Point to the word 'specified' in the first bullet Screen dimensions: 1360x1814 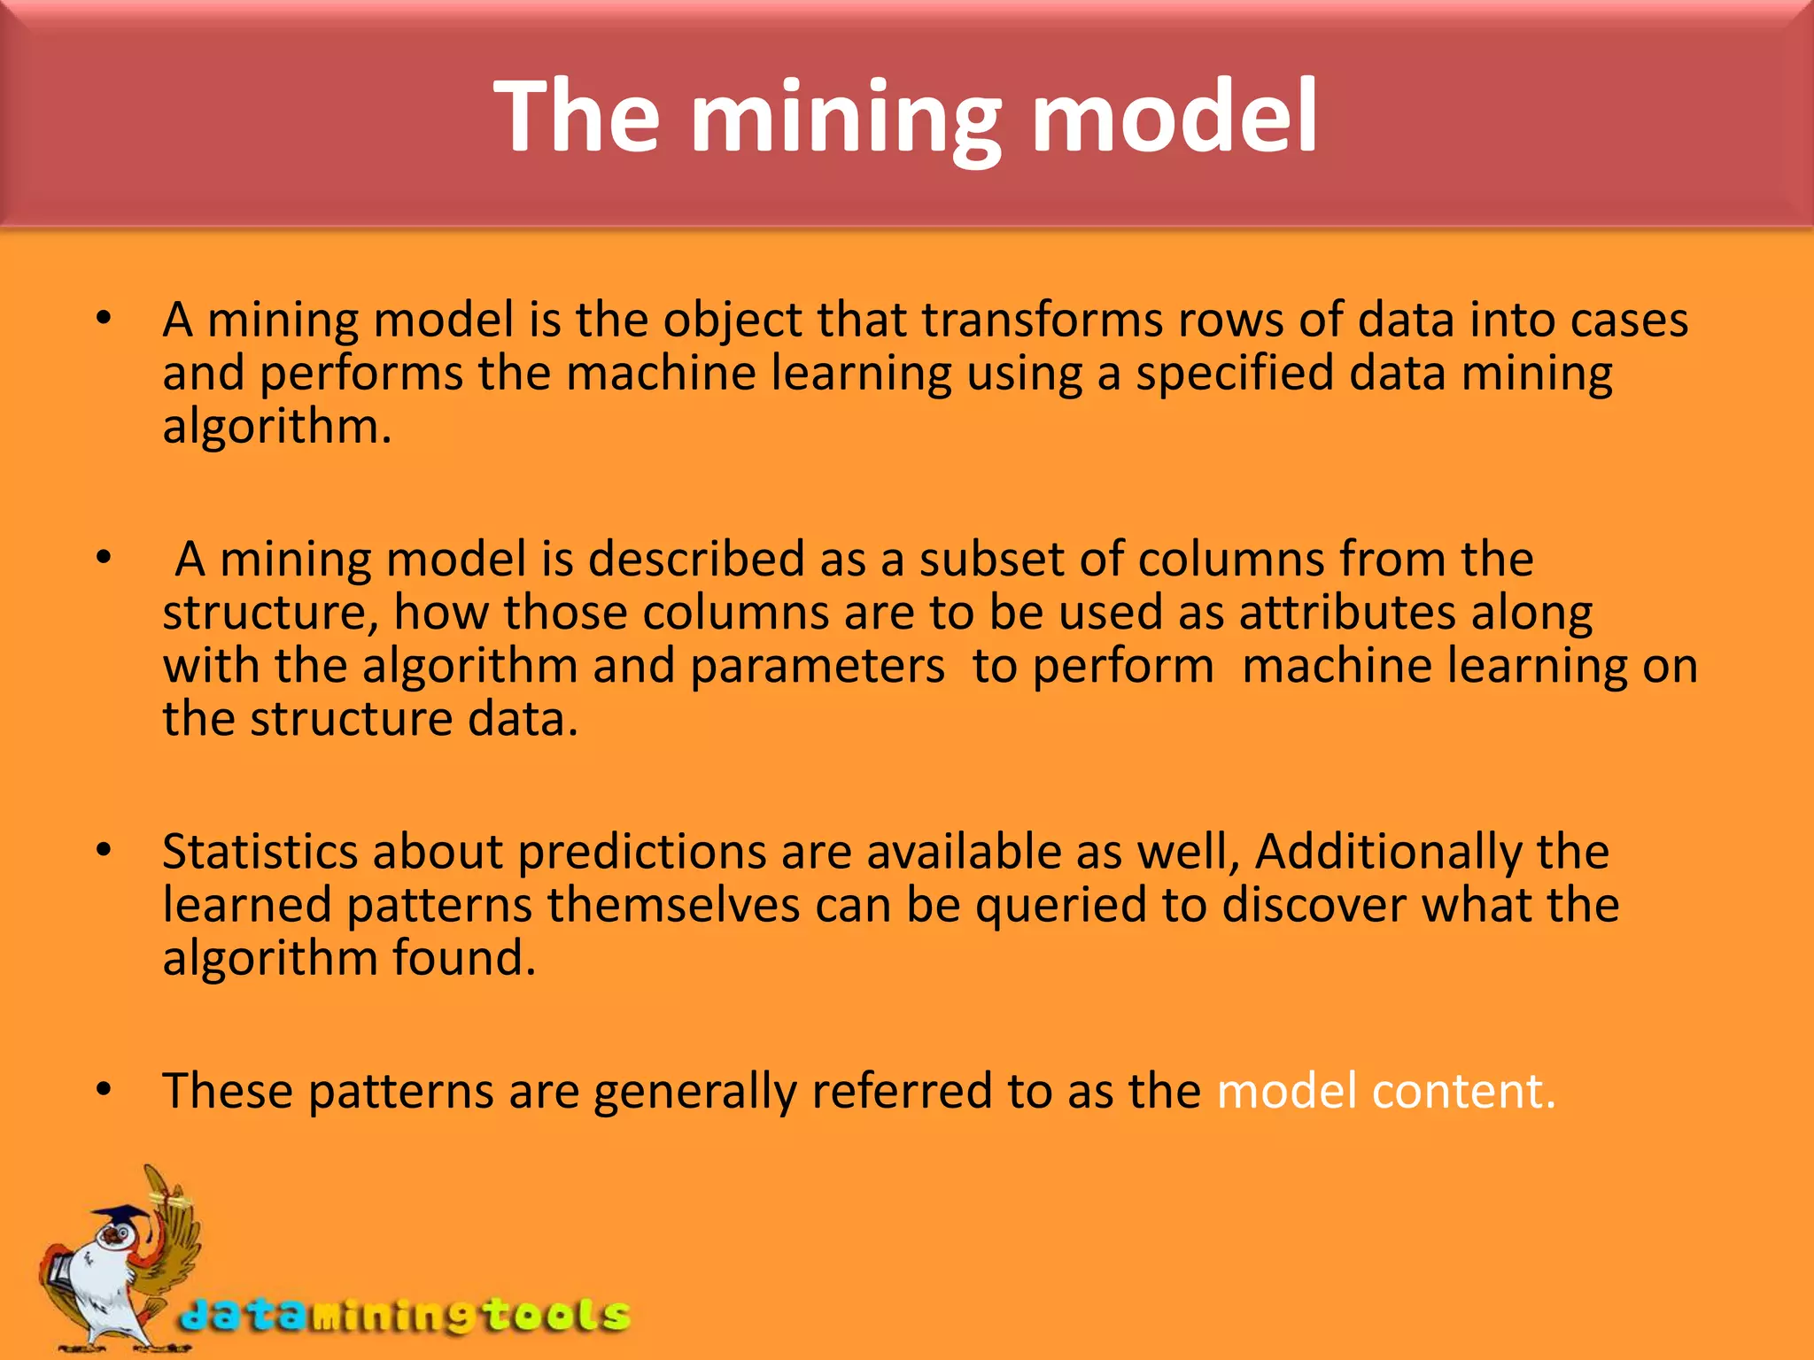pos(1235,374)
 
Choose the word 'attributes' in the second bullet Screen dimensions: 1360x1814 pos(1347,613)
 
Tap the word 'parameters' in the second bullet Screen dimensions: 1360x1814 pos(817,667)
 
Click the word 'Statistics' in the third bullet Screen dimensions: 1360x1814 pos(260,852)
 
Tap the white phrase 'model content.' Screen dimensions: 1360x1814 pos(1385,1091)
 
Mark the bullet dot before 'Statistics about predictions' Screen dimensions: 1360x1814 pos(104,851)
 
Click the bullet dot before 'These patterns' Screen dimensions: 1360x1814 pos(104,1091)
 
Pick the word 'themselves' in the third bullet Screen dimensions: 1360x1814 pos(673,906)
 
